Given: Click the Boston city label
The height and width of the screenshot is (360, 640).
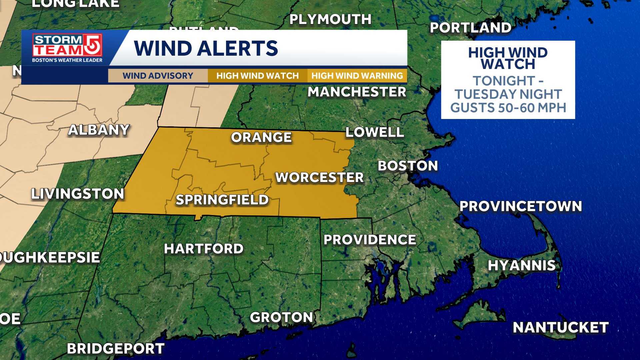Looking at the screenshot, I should [x=408, y=166].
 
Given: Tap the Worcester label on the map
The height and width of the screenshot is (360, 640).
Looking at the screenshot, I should [x=319, y=177].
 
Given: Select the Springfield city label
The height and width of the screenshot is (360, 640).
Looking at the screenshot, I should [x=222, y=200].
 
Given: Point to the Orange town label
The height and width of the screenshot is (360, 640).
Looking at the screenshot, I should [x=261, y=137].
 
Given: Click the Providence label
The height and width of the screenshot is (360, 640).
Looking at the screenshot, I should [x=370, y=240].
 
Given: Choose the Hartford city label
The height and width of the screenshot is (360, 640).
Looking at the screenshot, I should [x=204, y=249].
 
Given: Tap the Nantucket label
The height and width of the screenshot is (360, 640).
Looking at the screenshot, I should [x=561, y=327].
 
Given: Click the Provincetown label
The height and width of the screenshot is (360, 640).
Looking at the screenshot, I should [x=521, y=206].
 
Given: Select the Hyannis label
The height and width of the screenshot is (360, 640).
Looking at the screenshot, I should [x=522, y=266].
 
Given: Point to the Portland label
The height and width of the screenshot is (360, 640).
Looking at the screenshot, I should [x=470, y=28].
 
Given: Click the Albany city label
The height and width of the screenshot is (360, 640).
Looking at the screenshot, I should [x=99, y=130].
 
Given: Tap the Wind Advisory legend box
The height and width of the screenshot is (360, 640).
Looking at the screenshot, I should [x=158, y=76].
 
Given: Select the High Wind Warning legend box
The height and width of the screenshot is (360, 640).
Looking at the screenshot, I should [x=357, y=76].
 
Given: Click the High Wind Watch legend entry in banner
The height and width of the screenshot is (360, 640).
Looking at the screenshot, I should [x=257, y=76].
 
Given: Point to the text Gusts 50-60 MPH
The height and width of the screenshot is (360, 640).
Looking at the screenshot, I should [x=508, y=108].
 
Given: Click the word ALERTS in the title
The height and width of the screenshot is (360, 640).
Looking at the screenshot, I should [x=237, y=48].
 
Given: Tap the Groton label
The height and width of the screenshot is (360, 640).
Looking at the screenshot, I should [x=281, y=317].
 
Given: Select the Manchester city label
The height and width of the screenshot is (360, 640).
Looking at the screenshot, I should [x=357, y=92].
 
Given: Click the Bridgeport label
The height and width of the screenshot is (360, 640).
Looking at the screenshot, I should [x=116, y=349].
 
